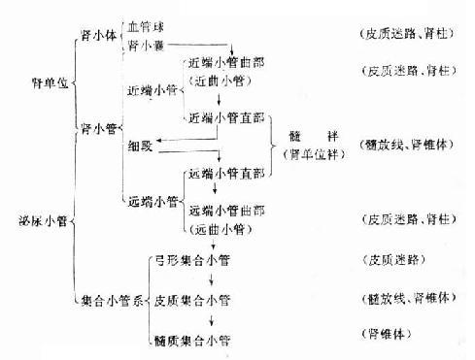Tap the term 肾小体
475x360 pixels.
coord(97,36)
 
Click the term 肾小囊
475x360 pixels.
coord(146,45)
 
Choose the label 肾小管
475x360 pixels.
coord(97,126)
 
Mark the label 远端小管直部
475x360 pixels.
coord(227,175)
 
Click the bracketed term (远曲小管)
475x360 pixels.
coord(221,229)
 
